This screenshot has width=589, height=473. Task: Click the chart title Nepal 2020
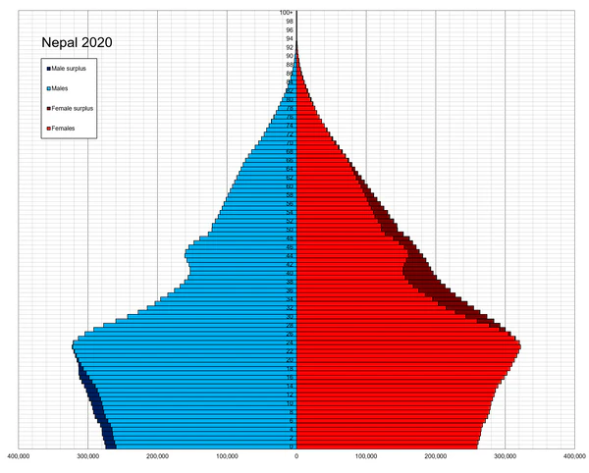76,43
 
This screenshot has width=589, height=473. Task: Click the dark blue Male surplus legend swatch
48,68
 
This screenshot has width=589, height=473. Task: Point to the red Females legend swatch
48,129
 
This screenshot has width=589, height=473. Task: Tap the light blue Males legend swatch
48,88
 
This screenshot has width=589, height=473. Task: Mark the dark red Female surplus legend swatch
48,108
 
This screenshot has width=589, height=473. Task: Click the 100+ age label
287,13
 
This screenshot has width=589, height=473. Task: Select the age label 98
290,22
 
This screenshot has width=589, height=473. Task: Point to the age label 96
290,30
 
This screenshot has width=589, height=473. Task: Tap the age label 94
290,38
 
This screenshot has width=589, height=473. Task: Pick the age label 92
290,47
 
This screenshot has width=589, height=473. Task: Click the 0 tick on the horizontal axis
296,455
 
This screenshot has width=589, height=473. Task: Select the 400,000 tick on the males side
18,455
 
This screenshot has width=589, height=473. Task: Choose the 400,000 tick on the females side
574,455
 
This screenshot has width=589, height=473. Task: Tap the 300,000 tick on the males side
87,455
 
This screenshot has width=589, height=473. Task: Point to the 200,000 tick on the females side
436,455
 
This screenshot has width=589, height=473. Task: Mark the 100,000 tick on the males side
227,455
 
